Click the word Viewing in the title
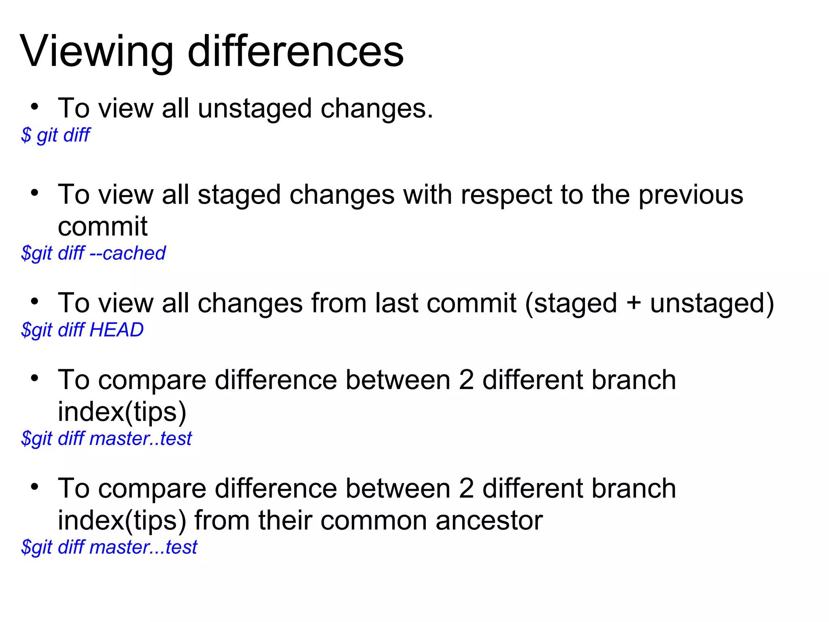[96, 52]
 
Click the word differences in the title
[295, 52]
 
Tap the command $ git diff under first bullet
[56, 135]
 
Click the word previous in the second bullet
[691, 195]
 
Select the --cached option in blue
[128, 253]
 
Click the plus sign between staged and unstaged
[633, 304]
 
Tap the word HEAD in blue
[117, 330]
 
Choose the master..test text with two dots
[140, 439]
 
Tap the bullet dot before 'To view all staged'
[34, 193]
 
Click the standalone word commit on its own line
[102, 226]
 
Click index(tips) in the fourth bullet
[122, 412]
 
